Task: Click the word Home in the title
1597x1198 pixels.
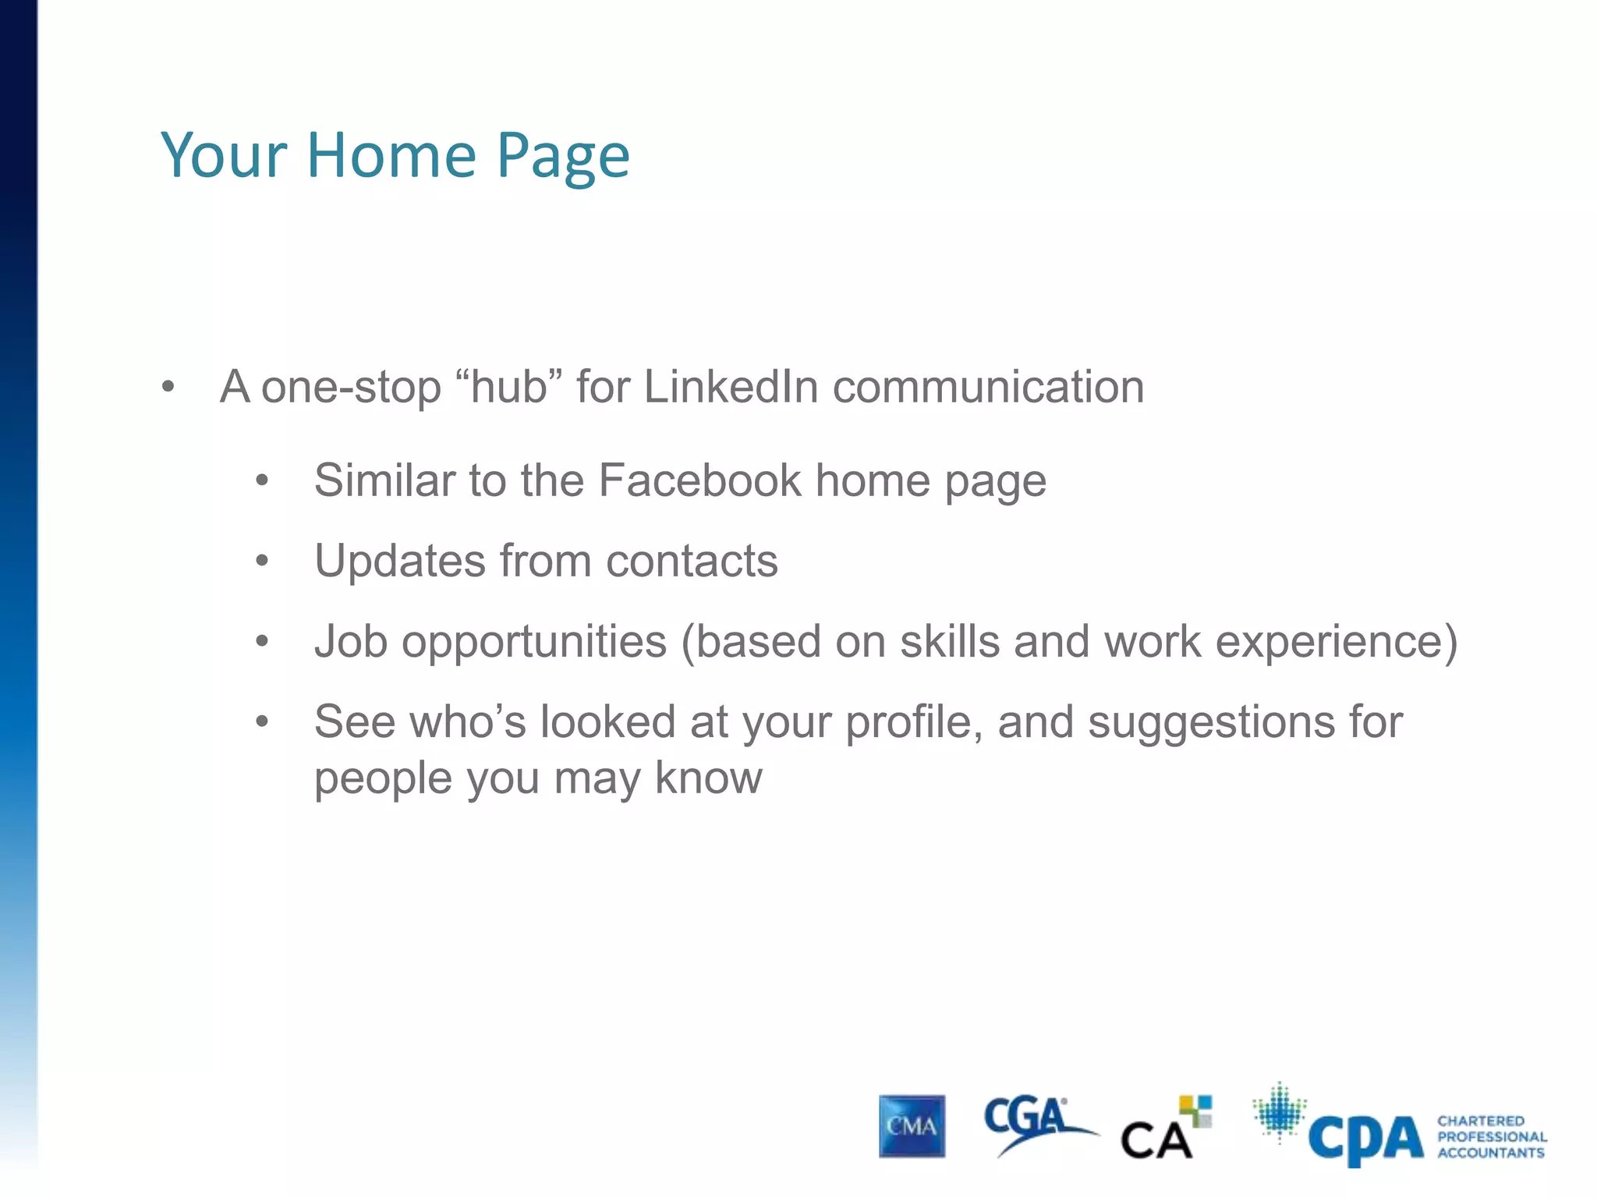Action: point(391,155)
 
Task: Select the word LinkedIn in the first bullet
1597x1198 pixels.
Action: point(731,387)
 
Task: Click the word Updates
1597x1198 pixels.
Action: point(400,561)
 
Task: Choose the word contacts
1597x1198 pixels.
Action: point(692,561)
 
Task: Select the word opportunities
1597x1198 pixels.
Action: point(534,643)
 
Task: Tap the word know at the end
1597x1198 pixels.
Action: point(708,778)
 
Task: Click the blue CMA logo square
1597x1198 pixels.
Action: point(912,1126)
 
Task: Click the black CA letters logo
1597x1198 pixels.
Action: point(1156,1141)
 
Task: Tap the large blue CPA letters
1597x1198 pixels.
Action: point(1366,1139)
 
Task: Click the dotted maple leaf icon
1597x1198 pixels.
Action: point(1279,1111)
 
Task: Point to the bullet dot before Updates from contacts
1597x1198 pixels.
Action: point(262,561)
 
